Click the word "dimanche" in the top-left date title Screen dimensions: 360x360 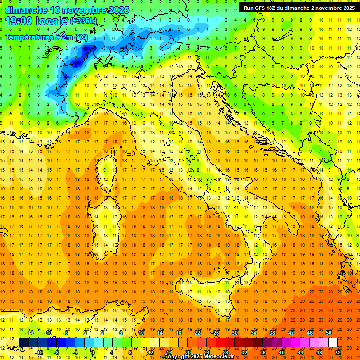[26, 10]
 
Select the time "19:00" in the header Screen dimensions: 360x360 [21, 21]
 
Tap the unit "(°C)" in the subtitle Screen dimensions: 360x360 [81, 37]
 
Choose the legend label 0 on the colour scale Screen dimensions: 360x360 [93, 352]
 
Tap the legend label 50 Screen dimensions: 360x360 [329, 333]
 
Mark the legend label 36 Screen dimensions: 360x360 [262, 352]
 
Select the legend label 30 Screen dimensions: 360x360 [235, 333]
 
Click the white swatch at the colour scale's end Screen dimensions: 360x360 [333, 343]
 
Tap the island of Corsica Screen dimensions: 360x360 [105, 169]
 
